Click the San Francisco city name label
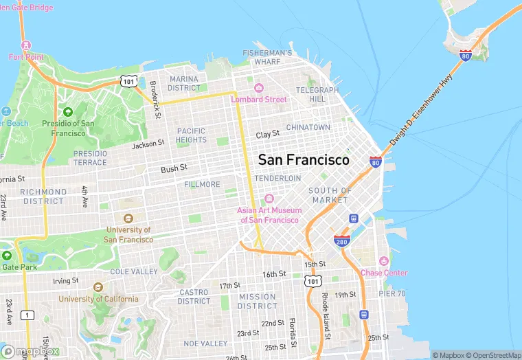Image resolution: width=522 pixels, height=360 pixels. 303,160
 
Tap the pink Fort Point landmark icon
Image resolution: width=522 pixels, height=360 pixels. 26,45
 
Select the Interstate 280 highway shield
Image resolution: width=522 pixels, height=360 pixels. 342,241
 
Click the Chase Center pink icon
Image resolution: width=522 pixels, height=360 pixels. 384,262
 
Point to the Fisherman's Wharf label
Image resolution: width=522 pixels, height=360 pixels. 267,57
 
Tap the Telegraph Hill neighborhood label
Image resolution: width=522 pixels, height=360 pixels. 317,94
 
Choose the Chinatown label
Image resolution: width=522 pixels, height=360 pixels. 308,128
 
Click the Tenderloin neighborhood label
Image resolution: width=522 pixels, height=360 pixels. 277,178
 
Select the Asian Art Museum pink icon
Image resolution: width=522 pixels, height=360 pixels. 269,199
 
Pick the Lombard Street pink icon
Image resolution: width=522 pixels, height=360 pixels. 258,88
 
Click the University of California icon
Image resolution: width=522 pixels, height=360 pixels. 98,287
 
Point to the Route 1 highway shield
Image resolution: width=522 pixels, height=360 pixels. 27,315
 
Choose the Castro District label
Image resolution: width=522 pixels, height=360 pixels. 194,296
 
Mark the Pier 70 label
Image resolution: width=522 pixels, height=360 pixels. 391,293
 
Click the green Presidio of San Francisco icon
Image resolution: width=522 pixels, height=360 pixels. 67,112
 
